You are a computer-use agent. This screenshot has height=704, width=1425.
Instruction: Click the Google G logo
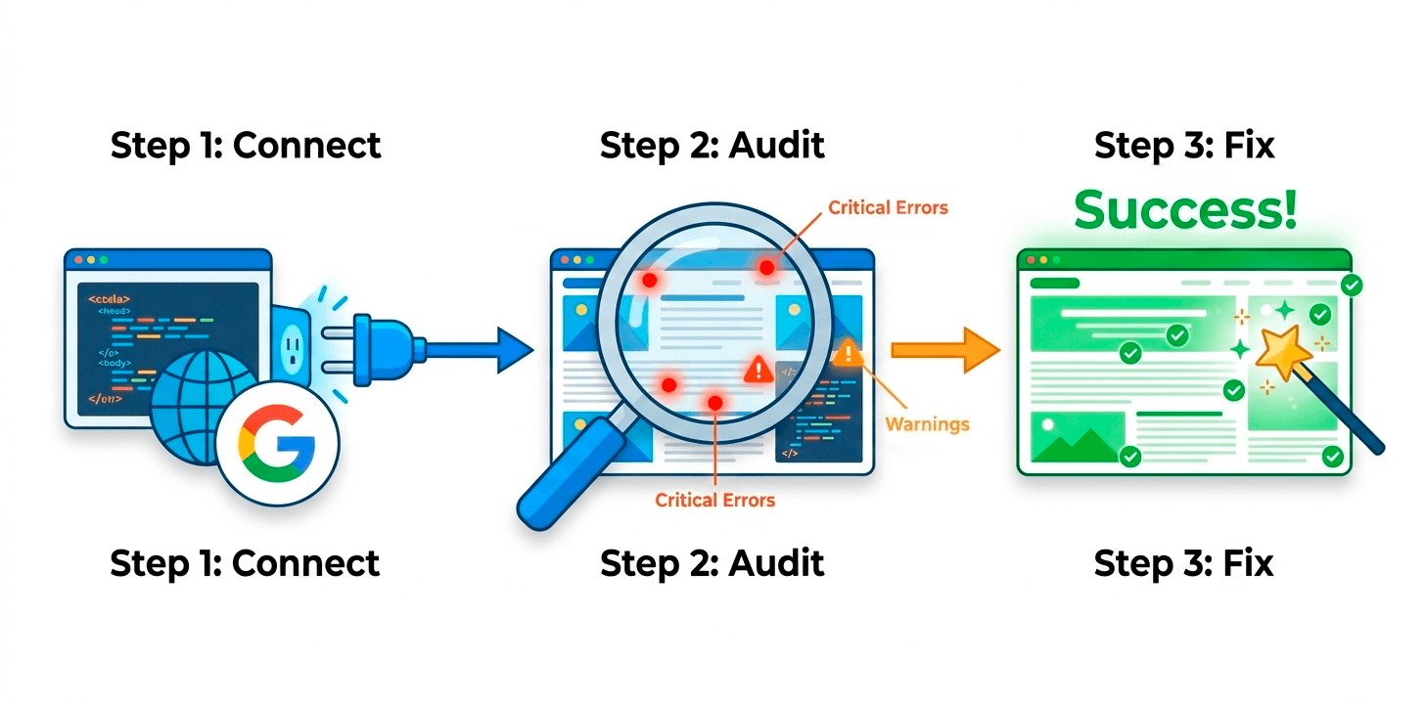click(x=277, y=443)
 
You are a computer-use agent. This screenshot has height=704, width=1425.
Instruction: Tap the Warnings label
click(x=927, y=424)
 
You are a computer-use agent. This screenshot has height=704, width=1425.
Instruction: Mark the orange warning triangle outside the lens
click(x=848, y=353)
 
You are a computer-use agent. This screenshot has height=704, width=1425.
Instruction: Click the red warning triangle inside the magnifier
click(x=758, y=369)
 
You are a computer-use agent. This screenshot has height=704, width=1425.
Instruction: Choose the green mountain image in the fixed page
click(x=1075, y=438)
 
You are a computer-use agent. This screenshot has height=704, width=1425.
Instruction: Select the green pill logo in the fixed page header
click(x=1055, y=283)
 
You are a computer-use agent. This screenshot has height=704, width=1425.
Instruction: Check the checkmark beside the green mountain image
click(x=1130, y=456)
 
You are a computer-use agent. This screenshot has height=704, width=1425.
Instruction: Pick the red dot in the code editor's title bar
click(x=78, y=260)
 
